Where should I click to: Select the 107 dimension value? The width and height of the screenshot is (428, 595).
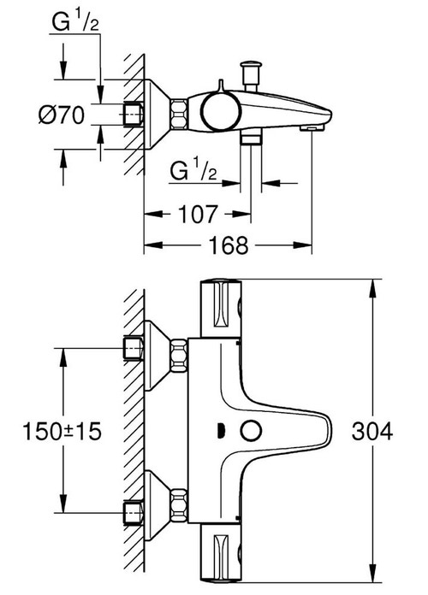[198, 212]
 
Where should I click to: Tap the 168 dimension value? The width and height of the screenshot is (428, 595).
[228, 245]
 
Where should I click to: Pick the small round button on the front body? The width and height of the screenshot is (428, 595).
[253, 431]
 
